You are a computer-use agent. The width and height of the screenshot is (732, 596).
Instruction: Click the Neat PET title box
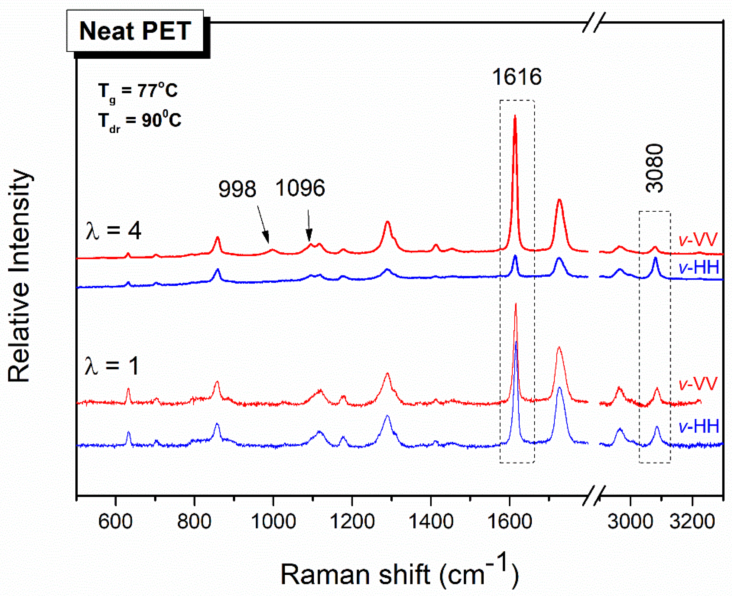point(135,31)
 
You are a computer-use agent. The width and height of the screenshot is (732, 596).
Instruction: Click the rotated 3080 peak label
point(654,168)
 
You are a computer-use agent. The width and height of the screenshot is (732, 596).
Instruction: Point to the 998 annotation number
point(237,189)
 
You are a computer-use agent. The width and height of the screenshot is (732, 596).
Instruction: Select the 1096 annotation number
point(300,188)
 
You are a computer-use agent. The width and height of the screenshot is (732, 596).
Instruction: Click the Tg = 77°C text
point(138,91)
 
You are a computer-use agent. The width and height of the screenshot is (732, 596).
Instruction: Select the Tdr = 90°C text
point(139,121)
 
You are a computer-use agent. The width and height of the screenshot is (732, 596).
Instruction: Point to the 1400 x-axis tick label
point(431,521)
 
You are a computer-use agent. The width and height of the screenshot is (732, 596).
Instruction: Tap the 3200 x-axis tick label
point(692,521)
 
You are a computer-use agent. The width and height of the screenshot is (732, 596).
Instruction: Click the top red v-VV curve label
point(698,240)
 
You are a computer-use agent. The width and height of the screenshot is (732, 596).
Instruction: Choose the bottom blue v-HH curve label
point(699,427)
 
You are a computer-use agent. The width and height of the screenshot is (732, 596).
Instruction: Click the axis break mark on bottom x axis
point(594,495)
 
